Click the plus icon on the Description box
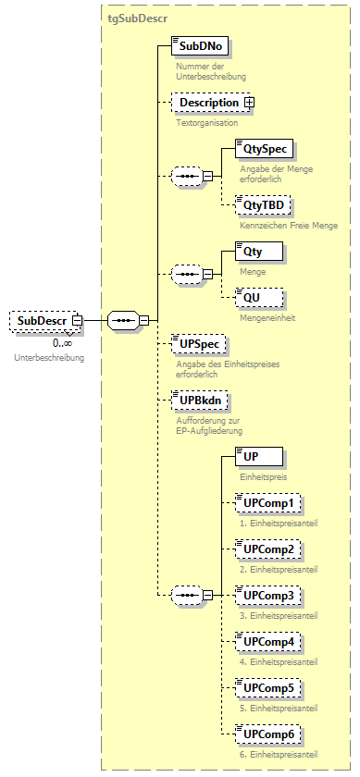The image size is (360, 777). (x=249, y=103)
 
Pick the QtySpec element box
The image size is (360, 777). (x=258, y=147)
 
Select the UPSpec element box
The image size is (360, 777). (x=198, y=343)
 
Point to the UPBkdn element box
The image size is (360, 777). (x=201, y=401)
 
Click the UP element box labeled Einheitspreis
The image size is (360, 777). (x=258, y=456)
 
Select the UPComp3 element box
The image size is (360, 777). (x=267, y=595)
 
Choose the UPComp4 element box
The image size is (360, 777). (x=267, y=641)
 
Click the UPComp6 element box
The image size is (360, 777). (x=267, y=734)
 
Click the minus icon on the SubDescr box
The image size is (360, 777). (x=78, y=322)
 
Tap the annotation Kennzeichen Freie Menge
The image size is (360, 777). (x=288, y=225)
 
